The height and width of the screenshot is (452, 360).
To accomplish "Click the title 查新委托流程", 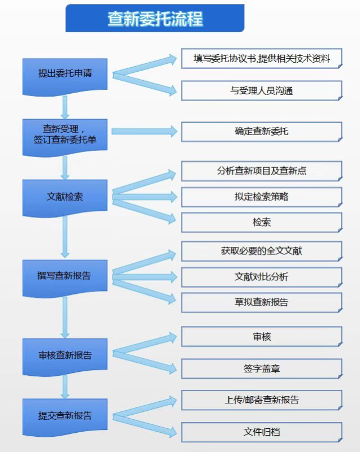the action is click(155, 18).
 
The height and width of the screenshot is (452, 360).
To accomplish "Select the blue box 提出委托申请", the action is click(65, 76).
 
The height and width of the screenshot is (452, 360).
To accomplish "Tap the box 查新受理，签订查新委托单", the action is click(65, 137).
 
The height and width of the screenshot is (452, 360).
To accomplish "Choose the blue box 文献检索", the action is click(65, 198).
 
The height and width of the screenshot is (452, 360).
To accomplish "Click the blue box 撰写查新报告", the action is click(65, 278).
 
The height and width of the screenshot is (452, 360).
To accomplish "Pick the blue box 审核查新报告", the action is click(65, 357).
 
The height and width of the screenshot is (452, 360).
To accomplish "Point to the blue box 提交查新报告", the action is click(65, 418).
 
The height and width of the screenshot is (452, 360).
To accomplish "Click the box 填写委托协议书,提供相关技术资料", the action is click(262, 59).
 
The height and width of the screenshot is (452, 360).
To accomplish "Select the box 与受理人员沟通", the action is click(262, 90).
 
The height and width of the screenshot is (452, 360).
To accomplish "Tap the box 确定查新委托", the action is click(262, 132).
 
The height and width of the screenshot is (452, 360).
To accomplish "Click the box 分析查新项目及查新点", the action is click(262, 171).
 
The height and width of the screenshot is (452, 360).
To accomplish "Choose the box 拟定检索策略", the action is click(262, 197).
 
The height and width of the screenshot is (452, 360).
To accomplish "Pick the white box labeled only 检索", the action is click(262, 222).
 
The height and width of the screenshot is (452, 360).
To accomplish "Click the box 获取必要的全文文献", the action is click(262, 251).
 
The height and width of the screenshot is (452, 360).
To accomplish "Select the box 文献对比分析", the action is click(262, 277).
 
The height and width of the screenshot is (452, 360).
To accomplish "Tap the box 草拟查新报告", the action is click(262, 302).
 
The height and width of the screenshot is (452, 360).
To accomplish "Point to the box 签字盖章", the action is click(262, 368).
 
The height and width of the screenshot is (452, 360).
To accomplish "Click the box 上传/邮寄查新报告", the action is click(262, 400).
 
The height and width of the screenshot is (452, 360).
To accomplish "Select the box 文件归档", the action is click(262, 432).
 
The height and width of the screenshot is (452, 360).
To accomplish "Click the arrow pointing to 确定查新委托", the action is click(145, 132).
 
